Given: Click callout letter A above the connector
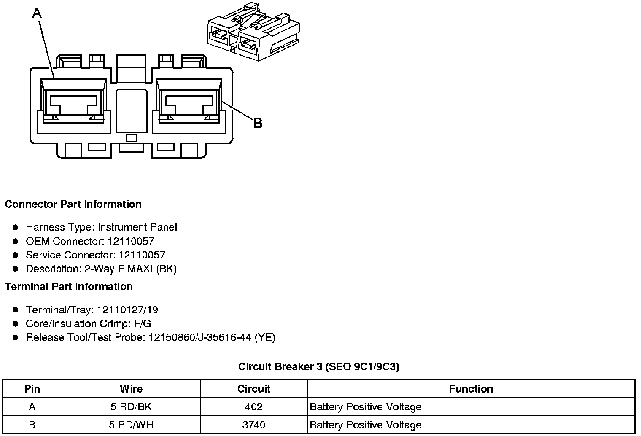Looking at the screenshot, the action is coord(37,13).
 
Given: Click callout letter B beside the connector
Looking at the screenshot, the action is coord(258,123).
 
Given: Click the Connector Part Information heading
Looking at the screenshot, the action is coord(73,205).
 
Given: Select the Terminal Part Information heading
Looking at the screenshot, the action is coord(69,287).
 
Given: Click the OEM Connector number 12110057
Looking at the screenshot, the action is coord(131,241).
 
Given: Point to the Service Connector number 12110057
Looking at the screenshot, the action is coord(142,255).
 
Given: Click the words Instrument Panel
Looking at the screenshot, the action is coord(137,227).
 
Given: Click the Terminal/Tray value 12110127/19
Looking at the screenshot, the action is coord(127,310).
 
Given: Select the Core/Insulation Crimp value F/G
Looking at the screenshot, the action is coord(141,324).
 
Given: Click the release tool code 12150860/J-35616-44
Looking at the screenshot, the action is coord(200,338).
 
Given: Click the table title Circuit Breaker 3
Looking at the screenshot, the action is coord(280,366).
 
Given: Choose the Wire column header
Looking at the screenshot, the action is coord(131,389).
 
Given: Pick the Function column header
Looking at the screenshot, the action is coord(471,389).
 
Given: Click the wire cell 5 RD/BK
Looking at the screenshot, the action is coord(131,407).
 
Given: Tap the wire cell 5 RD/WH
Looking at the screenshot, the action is coord(131,425).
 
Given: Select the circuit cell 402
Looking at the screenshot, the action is coord(254,407).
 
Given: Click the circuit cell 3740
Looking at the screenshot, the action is coord(254,425).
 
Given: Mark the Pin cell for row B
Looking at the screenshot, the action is coord(32,425).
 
